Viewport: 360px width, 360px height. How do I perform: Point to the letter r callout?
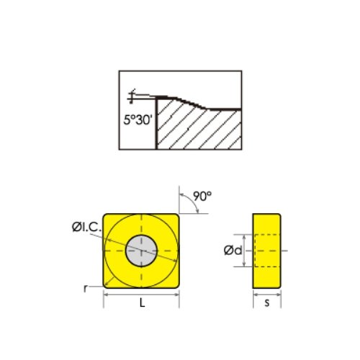click(x=86, y=287)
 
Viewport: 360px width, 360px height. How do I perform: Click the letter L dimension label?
click(x=142, y=304)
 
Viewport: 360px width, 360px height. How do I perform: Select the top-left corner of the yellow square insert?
click(x=105, y=215)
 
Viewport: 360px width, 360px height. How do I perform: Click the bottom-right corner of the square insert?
click(x=178, y=285)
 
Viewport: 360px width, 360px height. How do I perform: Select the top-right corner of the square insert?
click(x=178, y=215)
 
